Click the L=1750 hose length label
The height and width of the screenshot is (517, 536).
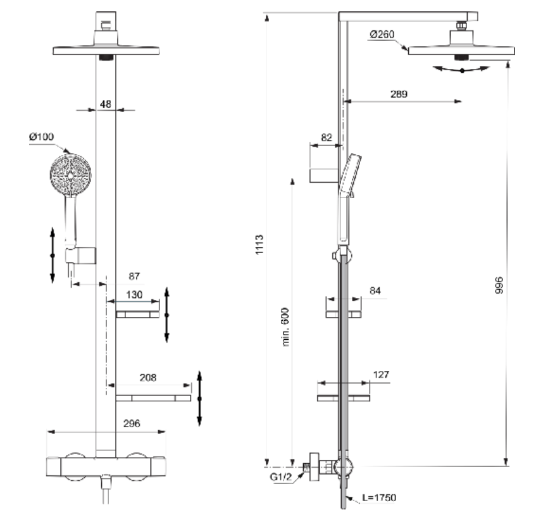click(x=378, y=498)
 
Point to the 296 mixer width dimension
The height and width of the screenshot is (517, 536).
click(x=132, y=423)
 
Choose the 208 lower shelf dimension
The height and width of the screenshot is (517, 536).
click(x=147, y=377)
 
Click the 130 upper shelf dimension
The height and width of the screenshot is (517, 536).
click(x=134, y=295)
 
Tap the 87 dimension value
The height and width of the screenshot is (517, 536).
click(x=134, y=277)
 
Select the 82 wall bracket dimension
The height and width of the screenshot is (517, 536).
click(x=327, y=137)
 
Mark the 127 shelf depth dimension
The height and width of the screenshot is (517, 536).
click(x=380, y=375)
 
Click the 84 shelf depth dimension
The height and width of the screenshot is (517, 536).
click(x=375, y=290)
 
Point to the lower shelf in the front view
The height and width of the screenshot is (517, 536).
click(x=153, y=398)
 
